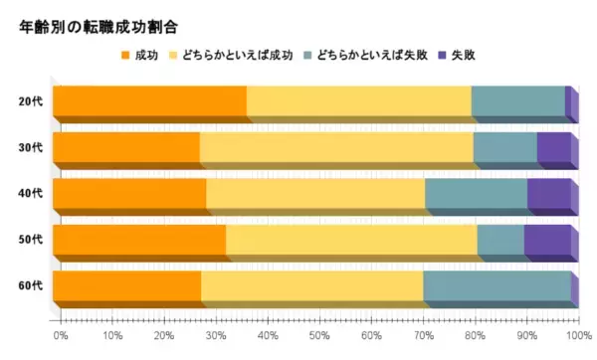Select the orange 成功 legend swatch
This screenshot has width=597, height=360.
(124, 54)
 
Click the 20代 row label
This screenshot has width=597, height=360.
(30, 101)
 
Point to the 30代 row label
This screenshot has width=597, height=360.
(30, 148)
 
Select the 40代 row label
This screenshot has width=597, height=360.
(30, 194)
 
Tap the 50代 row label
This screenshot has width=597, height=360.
(30, 240)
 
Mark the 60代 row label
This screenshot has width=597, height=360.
(30, 286)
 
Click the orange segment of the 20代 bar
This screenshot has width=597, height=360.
(149, 101)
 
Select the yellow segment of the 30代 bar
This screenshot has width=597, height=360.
(336, 148)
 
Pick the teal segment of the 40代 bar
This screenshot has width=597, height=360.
(476, 194)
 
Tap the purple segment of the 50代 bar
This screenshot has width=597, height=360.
(547, 240)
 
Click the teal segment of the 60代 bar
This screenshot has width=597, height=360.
(497, 286)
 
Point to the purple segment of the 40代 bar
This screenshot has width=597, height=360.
(548, 194)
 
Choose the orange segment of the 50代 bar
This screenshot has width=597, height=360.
(139, 240)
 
